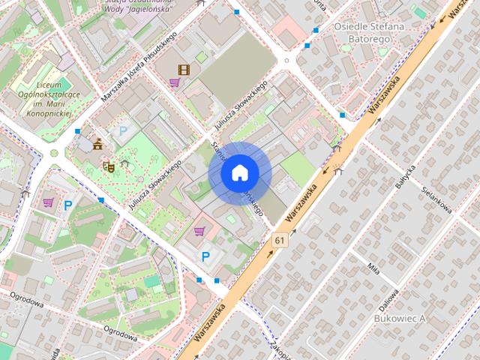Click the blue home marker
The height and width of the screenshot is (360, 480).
tap(239, 173)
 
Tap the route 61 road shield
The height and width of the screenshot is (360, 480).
tap(280, 240)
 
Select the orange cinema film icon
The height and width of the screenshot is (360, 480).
tap(183, 70)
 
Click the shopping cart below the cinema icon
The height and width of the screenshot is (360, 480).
tap(174, 83)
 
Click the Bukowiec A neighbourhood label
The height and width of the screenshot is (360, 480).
tap(398, 318)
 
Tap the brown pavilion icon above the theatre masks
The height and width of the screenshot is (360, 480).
tap(98, 144)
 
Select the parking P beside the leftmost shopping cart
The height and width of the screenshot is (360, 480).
tap(68, 205)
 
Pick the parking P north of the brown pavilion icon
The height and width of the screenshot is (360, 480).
tap(121, 131)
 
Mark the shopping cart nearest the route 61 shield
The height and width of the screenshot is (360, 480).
tap(199, 230)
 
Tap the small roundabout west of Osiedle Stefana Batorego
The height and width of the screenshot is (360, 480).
tap(286, 61)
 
